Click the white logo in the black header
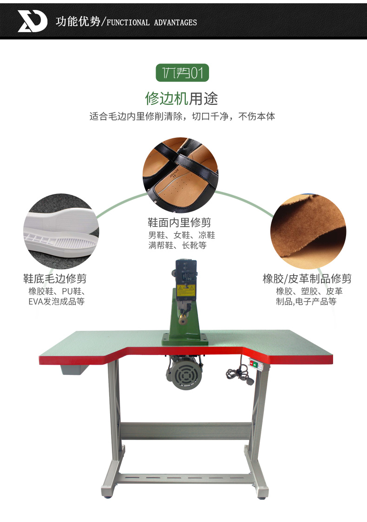(x=32, y=21)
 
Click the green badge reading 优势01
(x=182, y=72)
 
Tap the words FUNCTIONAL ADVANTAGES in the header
(x=151, y=23)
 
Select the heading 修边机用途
(x=181, y=98)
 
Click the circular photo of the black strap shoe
(x=180, y=175)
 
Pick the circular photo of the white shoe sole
(x=61, y=232)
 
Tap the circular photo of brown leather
(x=308, y=232)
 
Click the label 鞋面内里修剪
(x=179, y=222)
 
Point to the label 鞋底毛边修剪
(x=55, y=278)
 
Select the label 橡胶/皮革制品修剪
(x=307, y=278)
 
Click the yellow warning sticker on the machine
(x=185, y=290)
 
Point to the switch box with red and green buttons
(x=256, y=364)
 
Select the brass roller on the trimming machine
(x=182, y=320)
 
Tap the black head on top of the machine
(x=186, y=271)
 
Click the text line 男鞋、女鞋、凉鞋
(x=182, y=235)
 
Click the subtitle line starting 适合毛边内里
(x=182, y=116)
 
